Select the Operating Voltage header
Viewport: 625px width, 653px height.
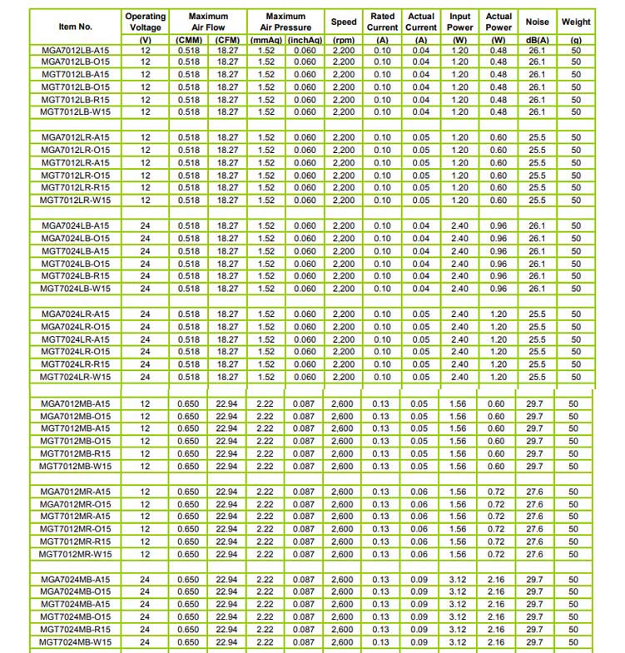pyautogui.click(x=146, y=22)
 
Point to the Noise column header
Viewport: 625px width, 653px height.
pyautogui.click(x=538, y=22)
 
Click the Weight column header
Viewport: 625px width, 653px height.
pyautogui.click(x=576, y=22)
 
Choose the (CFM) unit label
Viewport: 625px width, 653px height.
pyautogui.click(x=227, y=40)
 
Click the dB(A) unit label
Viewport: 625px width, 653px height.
pyautogui.click(x=538, y=40)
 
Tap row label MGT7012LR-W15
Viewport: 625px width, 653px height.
pyautogui.click(x=75, y=200)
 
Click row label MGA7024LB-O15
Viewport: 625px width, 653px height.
pyautogui.click(x=75, y=238)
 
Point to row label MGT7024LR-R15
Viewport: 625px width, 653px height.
pyautogui.click(x=75, y=364)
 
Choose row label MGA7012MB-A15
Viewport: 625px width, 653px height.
pyautogui.click(x=75, y=403)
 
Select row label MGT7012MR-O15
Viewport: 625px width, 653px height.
pyautogui.click(x=75, y=529)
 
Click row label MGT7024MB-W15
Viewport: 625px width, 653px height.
pyautogui.click(x=75, y=642)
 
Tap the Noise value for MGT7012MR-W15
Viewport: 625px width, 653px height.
pyautogui.click(x=535, y=554)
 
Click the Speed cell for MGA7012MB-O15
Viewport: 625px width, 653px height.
pyautogui.click(x=343, y=416)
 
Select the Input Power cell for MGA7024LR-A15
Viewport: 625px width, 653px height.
pyautogui.click(x=459, y=314)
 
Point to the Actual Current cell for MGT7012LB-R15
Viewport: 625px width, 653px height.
pyautogui.click(x=421, y=100)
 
